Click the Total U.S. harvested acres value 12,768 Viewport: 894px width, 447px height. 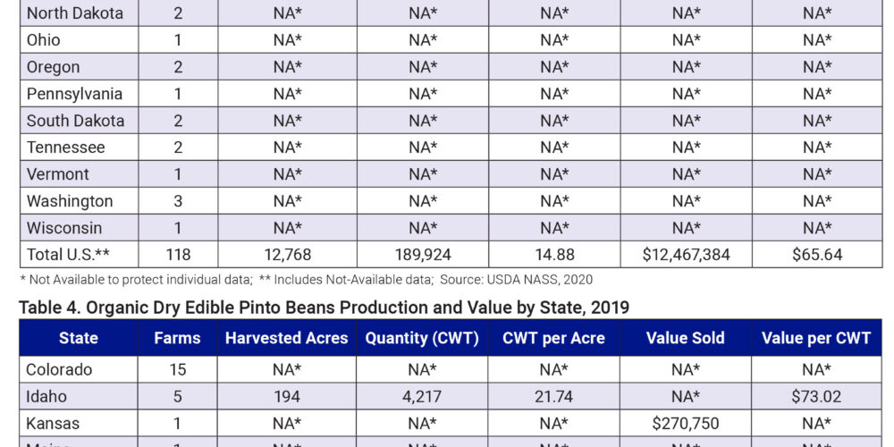[x=286, y=255]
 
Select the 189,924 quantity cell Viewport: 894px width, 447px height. [x=422, y=255]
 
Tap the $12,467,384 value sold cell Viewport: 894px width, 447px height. [x=686, y=255]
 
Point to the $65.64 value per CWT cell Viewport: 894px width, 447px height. [x=816, y=255]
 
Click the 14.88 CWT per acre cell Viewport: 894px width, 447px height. [x=554, y=255]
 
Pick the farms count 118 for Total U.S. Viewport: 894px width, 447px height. [x=177, y=255]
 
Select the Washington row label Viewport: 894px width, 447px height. [x=70, y=201]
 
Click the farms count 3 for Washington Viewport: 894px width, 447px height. [x=177, y=201]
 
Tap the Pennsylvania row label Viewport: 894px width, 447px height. [x=74, y=94]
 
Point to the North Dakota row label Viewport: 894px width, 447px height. [x=75, y=13]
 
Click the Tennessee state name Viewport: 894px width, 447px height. [x=66, y=148]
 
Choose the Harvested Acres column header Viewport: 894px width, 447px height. [x=286, y=339]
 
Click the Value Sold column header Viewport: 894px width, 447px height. [x=686, y=339]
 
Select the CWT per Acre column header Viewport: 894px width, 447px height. [x=554, y=339]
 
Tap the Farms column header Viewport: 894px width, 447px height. [x=177, y=339]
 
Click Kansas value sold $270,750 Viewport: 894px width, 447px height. [x=686, y=423]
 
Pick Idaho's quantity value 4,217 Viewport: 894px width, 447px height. [x=422, y=396]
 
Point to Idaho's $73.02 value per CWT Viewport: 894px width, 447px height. [x=816, y=396]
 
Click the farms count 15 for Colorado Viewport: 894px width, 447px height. [x=177, y=369]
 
